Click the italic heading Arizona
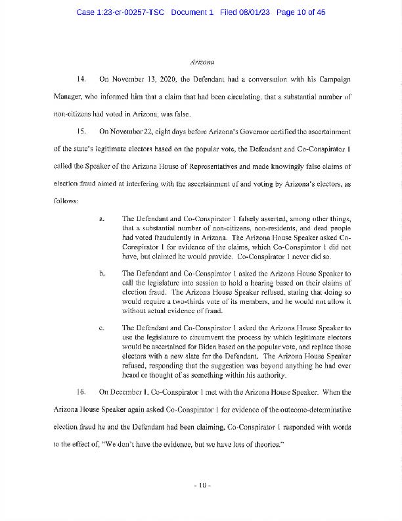202,62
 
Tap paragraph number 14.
81,80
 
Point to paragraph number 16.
81,392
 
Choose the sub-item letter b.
101,272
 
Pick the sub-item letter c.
101,327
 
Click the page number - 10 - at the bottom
201,485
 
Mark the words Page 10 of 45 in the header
303,12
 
